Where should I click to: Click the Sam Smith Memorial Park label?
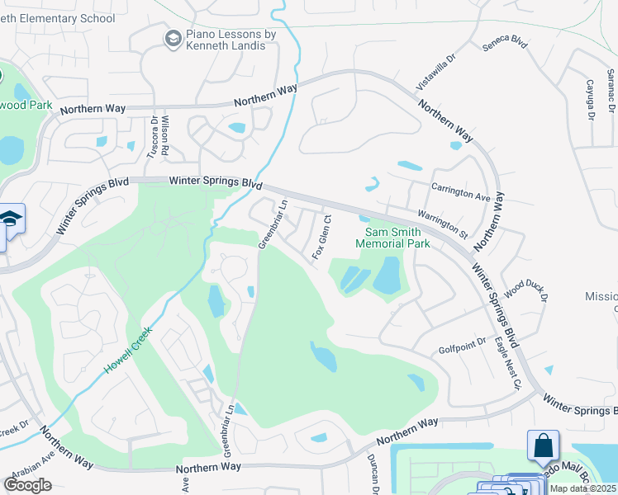[392, 237]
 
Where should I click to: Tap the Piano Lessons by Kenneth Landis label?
[226, 40]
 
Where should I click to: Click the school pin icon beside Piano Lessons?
[173, 38]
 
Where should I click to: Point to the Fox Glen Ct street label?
[321, 238]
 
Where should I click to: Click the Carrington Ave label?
[461, 192]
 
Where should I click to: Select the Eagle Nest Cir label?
[508, 363]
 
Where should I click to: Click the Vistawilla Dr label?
[435, 72]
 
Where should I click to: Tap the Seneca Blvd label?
[508, 40]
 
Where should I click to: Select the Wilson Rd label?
[165, 137]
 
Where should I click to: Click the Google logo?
[27, 484]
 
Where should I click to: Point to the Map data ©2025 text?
[583, 488]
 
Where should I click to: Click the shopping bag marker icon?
[544, 445]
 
